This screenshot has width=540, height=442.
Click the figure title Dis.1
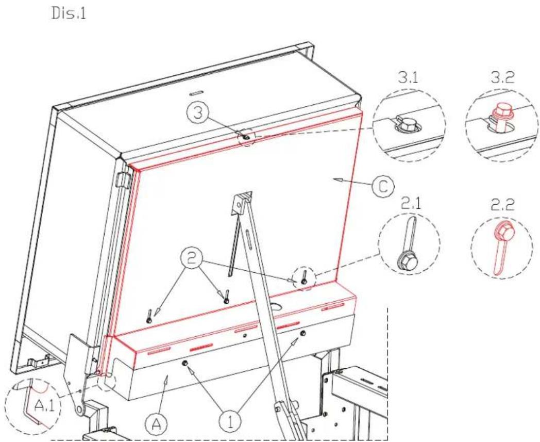(x=69, y=14)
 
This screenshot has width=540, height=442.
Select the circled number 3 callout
(x=197, y=112)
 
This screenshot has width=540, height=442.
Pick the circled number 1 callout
(x=230, y=422)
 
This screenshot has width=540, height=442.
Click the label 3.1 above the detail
(x=408, y=78)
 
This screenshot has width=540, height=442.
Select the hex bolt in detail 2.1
(x=404, y=258)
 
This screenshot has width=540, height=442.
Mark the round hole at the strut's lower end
(x=80, y=410)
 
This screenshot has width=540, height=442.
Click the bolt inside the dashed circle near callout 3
(x=246, y=137)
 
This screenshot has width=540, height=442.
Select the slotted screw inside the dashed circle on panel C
(x=304, y=277)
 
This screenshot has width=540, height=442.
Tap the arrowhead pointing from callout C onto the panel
(x=336, y=179)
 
